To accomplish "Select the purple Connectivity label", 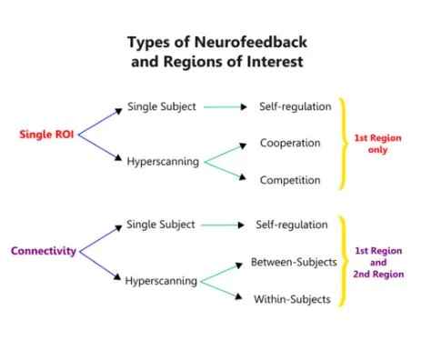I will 44,250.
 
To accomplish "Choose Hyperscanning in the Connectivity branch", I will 164,280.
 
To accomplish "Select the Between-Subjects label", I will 294,262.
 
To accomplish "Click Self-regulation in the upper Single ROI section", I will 295,106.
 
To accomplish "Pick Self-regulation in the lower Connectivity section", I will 295,223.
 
